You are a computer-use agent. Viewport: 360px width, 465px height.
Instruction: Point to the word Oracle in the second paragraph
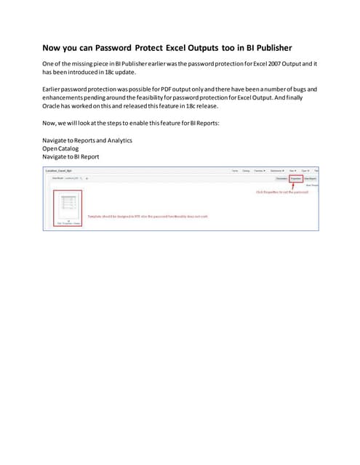(x=55, y=105)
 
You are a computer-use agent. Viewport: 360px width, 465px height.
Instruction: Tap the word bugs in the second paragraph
(x=299, y=89)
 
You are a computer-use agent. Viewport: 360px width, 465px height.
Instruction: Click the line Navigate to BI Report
(x=71, y=156)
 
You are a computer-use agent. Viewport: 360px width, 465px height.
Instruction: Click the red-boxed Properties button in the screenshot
(x=295, y=177)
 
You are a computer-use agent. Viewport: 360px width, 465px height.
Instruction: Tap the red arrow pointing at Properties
(x=295, y=185)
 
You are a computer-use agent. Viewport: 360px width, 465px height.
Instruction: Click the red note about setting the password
(x=281, y=192)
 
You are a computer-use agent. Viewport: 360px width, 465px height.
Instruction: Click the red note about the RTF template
(x=138, y=217)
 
